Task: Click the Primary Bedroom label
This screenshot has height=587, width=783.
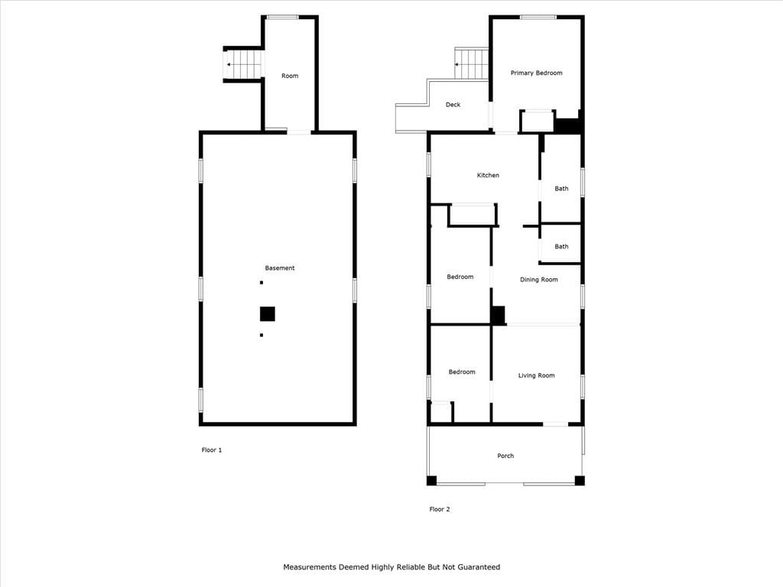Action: point(536,73)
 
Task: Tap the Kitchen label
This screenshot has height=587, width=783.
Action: point(488,175)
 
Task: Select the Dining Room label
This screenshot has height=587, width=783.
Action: point(539,280)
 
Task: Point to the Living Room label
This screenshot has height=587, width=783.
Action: point(536,375)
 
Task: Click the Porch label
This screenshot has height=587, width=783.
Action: point(505,456)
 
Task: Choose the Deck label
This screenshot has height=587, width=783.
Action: point(453,104)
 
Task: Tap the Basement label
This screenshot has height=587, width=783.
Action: point(280,268)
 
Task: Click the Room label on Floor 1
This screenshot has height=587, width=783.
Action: point(290,76)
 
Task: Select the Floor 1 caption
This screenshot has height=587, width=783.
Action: point(212,449)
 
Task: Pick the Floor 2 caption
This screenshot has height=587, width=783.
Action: point(440,509)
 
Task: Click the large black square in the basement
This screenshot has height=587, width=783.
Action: point(268,314)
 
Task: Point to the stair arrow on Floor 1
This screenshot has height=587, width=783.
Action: point(229,64)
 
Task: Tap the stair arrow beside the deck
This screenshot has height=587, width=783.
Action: point(457,64)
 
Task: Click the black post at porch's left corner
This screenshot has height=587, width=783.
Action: point(431,481)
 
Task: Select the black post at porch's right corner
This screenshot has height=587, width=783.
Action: point(580,481)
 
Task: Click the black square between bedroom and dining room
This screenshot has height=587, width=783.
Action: point(497,316)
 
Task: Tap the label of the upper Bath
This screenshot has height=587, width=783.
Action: point(561,189)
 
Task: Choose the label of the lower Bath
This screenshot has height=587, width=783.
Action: point(561,247)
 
